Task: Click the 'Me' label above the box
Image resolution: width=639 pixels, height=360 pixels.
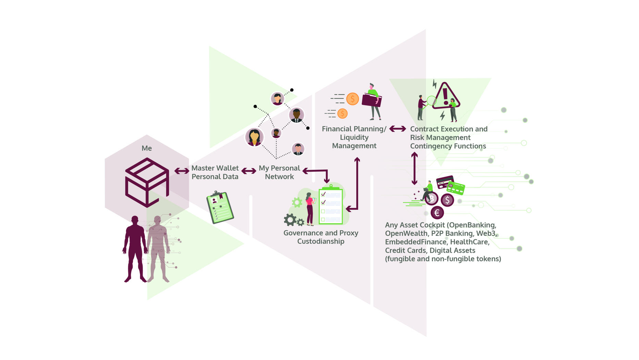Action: click(147, 148)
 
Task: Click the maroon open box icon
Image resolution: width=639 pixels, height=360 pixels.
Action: click(147, 182)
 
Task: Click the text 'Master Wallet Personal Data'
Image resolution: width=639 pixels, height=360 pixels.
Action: click(215, 172)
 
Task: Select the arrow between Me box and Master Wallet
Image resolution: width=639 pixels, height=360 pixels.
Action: click(182, 171)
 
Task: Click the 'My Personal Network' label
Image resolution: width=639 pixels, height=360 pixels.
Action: click(279, 172)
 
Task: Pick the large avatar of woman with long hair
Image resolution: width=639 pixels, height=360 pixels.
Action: click(254, 137)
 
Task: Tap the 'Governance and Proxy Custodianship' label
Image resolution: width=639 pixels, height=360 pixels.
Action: click(321, 237)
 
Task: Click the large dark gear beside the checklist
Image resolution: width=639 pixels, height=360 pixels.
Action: click(290, 220)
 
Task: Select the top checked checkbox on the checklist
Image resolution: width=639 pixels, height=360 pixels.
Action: click(323, 194)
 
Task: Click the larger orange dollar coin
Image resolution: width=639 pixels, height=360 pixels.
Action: click(352, 99)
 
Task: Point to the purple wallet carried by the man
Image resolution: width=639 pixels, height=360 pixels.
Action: click(371, 100)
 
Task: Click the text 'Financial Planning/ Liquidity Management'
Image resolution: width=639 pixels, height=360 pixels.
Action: click(354, 137)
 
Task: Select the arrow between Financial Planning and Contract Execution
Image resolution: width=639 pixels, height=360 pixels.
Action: click(398, 129)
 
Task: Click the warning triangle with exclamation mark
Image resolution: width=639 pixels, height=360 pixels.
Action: click(445, 96)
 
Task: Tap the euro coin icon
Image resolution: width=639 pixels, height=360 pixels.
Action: click(437, 213)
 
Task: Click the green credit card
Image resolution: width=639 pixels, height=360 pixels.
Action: click(456, 188)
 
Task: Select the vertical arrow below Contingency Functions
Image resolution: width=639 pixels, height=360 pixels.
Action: click(414, 169)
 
